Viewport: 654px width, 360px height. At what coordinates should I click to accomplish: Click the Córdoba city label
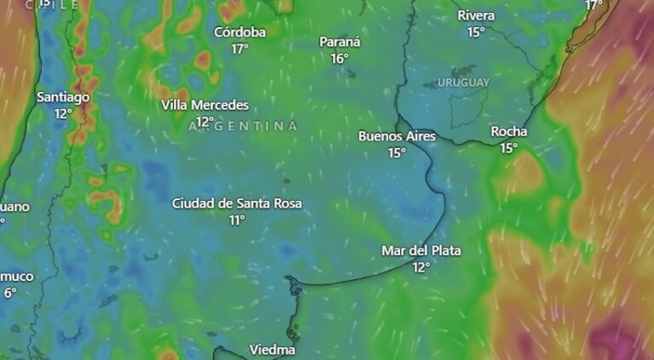click(x=239, y=32)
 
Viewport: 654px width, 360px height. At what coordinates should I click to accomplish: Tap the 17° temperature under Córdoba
click(x=239, y=49)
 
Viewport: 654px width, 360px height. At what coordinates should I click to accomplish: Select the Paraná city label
click(x=340, y=42)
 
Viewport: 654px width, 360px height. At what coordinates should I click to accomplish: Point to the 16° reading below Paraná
click(x=340, y=58)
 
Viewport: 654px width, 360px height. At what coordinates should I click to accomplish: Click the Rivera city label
click(x=475, y=15)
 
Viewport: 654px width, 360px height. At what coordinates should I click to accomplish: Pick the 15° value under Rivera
click(x=475, y=31)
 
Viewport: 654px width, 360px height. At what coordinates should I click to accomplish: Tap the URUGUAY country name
click(x=463, y=83)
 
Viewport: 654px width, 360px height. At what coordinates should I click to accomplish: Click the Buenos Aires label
click(x=397, y=136)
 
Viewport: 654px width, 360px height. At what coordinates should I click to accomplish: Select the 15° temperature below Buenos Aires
click(x=397, y=152)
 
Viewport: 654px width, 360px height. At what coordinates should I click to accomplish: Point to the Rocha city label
click(x=508, y=132)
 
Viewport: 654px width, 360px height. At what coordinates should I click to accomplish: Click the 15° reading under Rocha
click(x=508, y=148)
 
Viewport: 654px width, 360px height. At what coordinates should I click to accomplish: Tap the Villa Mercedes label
click(x=205, y=106)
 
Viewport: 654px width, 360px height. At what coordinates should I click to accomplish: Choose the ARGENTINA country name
click(x=243, y=126)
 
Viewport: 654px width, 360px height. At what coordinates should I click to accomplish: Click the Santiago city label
click(x=63, y=97)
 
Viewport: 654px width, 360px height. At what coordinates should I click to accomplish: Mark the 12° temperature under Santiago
click(x=63, y=113)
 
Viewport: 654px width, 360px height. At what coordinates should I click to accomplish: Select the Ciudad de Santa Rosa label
click(x=237, y=203)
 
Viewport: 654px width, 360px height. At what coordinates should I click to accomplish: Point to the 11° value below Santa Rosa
click(x=237, y=220)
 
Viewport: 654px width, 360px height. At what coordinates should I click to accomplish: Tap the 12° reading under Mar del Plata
click(x=421, y=267)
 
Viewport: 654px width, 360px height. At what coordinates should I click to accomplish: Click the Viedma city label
click(x=272, y=350)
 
